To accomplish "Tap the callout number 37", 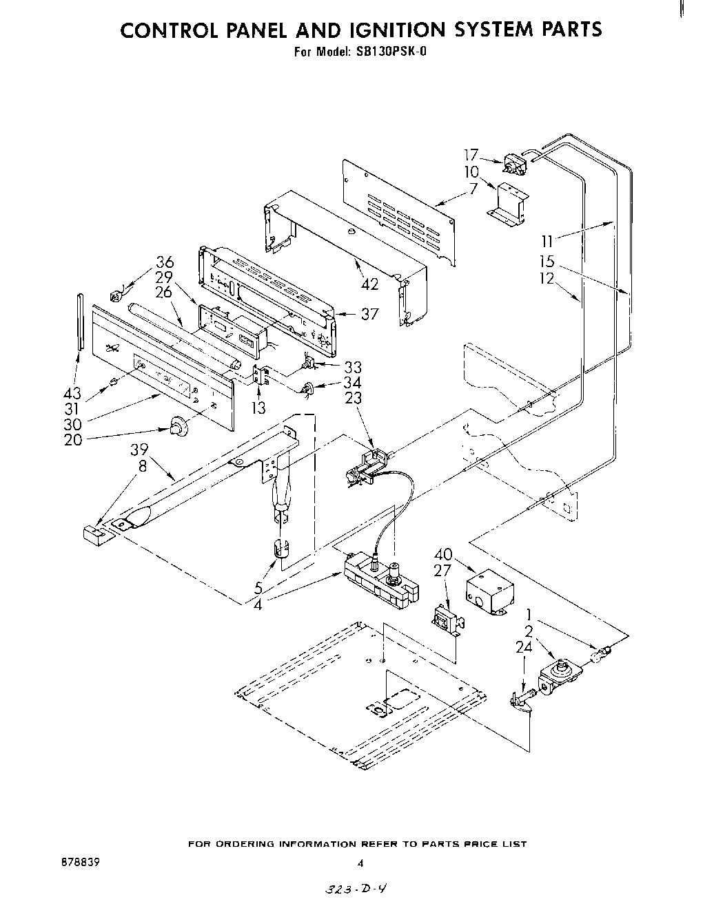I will (370, 314).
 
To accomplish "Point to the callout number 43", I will (72, 393).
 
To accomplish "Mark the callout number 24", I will (524, 647).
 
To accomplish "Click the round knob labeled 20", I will (178, 428).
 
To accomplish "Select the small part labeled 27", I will (445, 618).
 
